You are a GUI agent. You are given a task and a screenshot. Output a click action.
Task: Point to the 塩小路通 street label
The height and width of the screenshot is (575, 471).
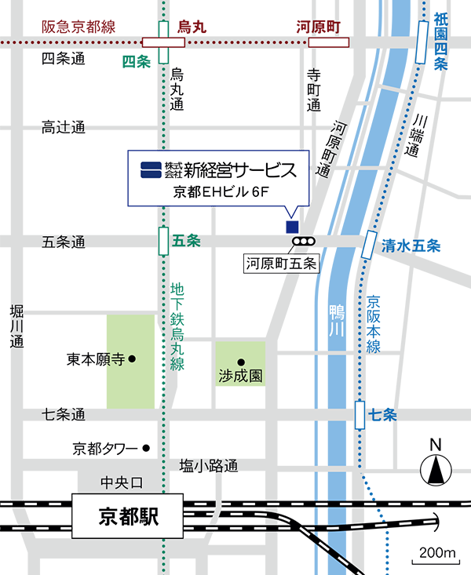208,467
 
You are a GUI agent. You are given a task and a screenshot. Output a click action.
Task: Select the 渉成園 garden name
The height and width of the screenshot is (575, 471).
239,376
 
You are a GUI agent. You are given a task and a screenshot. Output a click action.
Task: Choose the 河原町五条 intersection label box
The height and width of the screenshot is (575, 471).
280,264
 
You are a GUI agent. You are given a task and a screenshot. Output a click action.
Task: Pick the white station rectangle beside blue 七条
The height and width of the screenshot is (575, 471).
360,413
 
